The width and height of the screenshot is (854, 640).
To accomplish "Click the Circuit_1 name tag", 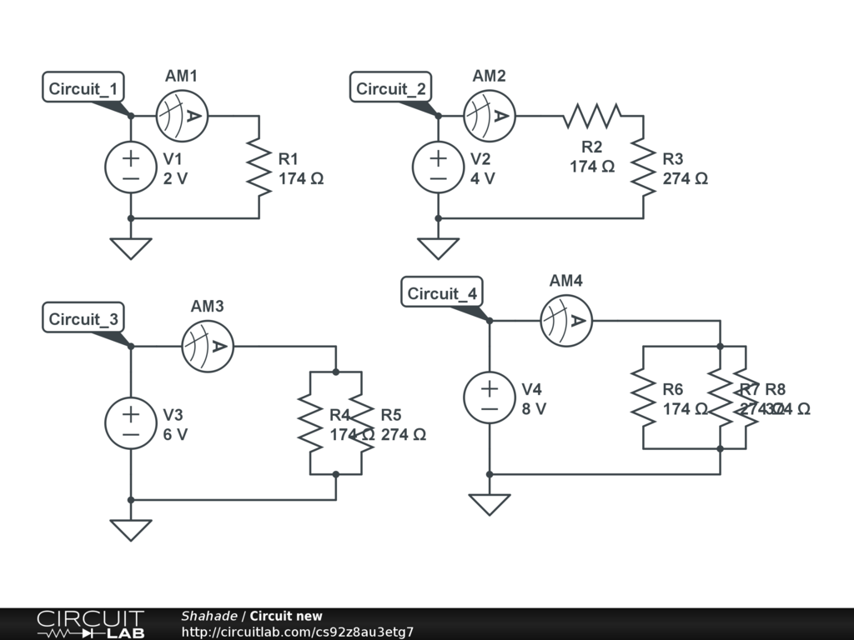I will pyautogui.click(x=84, y=88).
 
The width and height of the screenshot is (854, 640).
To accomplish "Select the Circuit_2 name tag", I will pyautogui.click(x=391, y=88).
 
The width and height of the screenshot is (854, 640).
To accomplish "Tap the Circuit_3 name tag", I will pyautogui.click(x=84, y=318).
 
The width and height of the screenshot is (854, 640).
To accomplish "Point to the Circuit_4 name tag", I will pyautogui.click(x=442, y=293).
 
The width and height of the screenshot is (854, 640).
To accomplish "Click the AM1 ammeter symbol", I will pyautogui.click(x=182, y=116).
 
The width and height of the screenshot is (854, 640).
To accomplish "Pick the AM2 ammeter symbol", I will pyautogui.click(x=490, y=116).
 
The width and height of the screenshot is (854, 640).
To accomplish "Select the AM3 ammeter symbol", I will pyautogui.click(x=208, y=346).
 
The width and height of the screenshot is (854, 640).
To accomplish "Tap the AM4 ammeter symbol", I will pyautogui.click(x=566, y=320).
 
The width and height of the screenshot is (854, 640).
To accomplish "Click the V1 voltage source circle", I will pyautogui.click(x=130, y=167).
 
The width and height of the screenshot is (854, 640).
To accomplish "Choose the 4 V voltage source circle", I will pyautogui.click(x=438, y=167).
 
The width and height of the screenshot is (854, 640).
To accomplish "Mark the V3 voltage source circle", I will pyautogui.click(x=130, y=423).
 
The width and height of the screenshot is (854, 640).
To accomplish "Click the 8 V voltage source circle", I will pyautogui.click(x=489, y=397).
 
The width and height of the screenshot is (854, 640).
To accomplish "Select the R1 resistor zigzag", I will pyautogui.click(x=259, y=167).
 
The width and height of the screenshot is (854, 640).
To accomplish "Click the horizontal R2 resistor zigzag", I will pyautogui.click(x=592, y=116).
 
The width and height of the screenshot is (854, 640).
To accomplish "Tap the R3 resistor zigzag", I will pyautogui.click(x=643, y=167).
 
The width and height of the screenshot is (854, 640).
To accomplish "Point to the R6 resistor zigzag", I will pyautogui.click(x=643, y=397).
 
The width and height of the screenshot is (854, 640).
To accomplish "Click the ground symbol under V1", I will pyautogui.click(x=130, y=248).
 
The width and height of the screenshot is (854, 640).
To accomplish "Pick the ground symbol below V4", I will pyautogui.click(x=489, y=504).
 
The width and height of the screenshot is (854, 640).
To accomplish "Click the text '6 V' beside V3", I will pyautogui.click(x=175, y=434).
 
